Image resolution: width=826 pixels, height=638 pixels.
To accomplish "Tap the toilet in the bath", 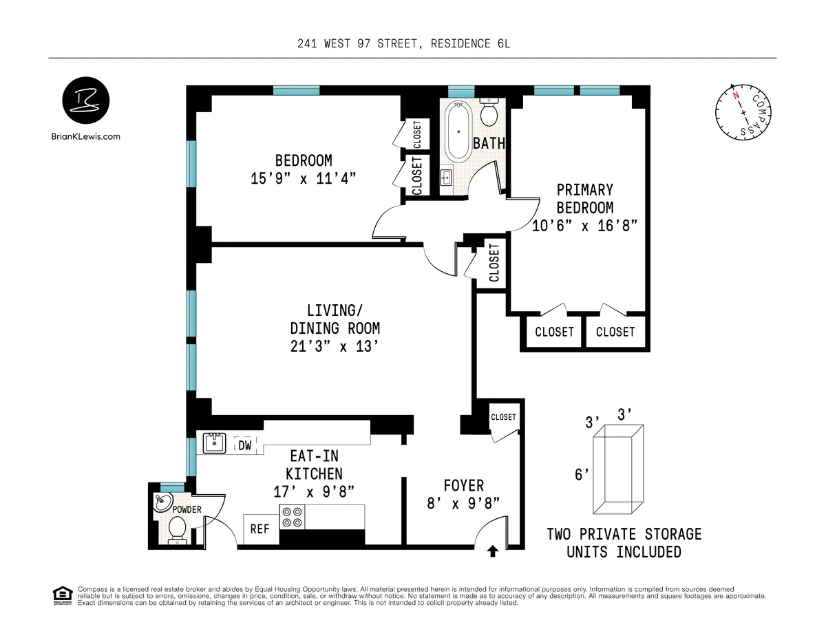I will point(489,112).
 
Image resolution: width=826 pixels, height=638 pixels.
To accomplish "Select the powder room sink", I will point(164,502).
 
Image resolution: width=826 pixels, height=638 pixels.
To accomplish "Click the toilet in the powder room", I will point(177,530).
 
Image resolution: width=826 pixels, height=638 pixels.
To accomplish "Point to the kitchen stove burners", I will point(291,516).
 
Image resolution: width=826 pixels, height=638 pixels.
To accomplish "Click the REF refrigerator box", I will point(260,529).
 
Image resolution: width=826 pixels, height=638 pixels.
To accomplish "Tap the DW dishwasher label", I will point(244,445).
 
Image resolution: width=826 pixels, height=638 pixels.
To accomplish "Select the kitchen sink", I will point(215,443).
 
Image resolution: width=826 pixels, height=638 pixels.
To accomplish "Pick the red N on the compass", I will point(736,96).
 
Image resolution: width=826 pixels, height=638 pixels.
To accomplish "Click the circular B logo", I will point(85,101).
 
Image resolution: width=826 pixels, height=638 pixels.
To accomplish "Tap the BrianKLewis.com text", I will point(85,136).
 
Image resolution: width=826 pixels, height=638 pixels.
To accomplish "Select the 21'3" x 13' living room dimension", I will point(335,347).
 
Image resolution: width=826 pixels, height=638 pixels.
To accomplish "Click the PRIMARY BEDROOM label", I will point(584,198).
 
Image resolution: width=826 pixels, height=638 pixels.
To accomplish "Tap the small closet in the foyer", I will point(503,417).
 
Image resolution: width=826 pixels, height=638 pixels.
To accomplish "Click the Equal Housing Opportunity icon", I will point(62,595).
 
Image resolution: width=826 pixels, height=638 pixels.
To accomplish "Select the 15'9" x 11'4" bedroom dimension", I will point(304,178).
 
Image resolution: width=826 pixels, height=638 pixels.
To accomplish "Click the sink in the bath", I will point(445,178).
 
